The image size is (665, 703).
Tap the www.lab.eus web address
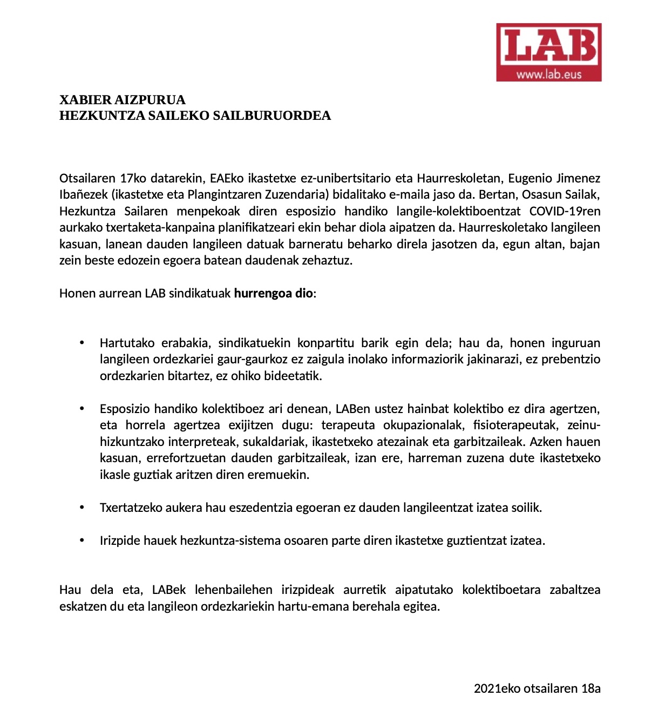tap(548, 75)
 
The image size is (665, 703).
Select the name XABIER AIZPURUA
tap(123, 100)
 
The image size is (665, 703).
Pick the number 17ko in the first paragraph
tap(133, 178)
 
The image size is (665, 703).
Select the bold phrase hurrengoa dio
tap(273, 293)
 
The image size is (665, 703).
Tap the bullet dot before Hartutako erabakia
tap(82, 343)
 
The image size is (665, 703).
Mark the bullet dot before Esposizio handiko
tap(82, 409)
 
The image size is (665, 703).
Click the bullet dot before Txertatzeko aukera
tap(82, 508)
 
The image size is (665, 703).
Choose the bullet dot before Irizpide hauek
tap(82, 540)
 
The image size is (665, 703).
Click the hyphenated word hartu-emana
tap(314, 606)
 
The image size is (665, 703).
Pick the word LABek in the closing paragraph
tap(169, 590)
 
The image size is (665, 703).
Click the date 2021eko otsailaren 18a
tap(537, 688)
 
